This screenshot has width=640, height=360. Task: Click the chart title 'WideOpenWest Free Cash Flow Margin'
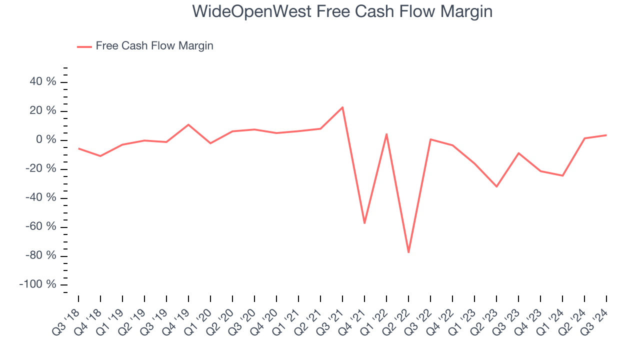pos(342,11)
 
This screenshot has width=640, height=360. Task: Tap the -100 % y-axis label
pos(38,284)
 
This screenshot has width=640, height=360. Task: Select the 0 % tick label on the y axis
pos(48,140)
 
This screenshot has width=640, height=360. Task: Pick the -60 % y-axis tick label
pos(40,227)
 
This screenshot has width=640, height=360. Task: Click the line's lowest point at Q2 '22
pos(408,252)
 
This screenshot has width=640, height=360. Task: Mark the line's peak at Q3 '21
pos(342,107)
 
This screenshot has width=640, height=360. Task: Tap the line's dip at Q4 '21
pos(364,223)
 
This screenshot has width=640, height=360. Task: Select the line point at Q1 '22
pos(386,134)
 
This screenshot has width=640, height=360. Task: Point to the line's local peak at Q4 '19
pos(188,124)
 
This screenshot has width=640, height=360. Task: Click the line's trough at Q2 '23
pos(496,186)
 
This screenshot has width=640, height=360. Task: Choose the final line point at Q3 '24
pos(606,135)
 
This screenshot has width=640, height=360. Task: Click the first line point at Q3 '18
pos(78,148)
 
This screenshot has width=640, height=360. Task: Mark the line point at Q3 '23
pos(518,153)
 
